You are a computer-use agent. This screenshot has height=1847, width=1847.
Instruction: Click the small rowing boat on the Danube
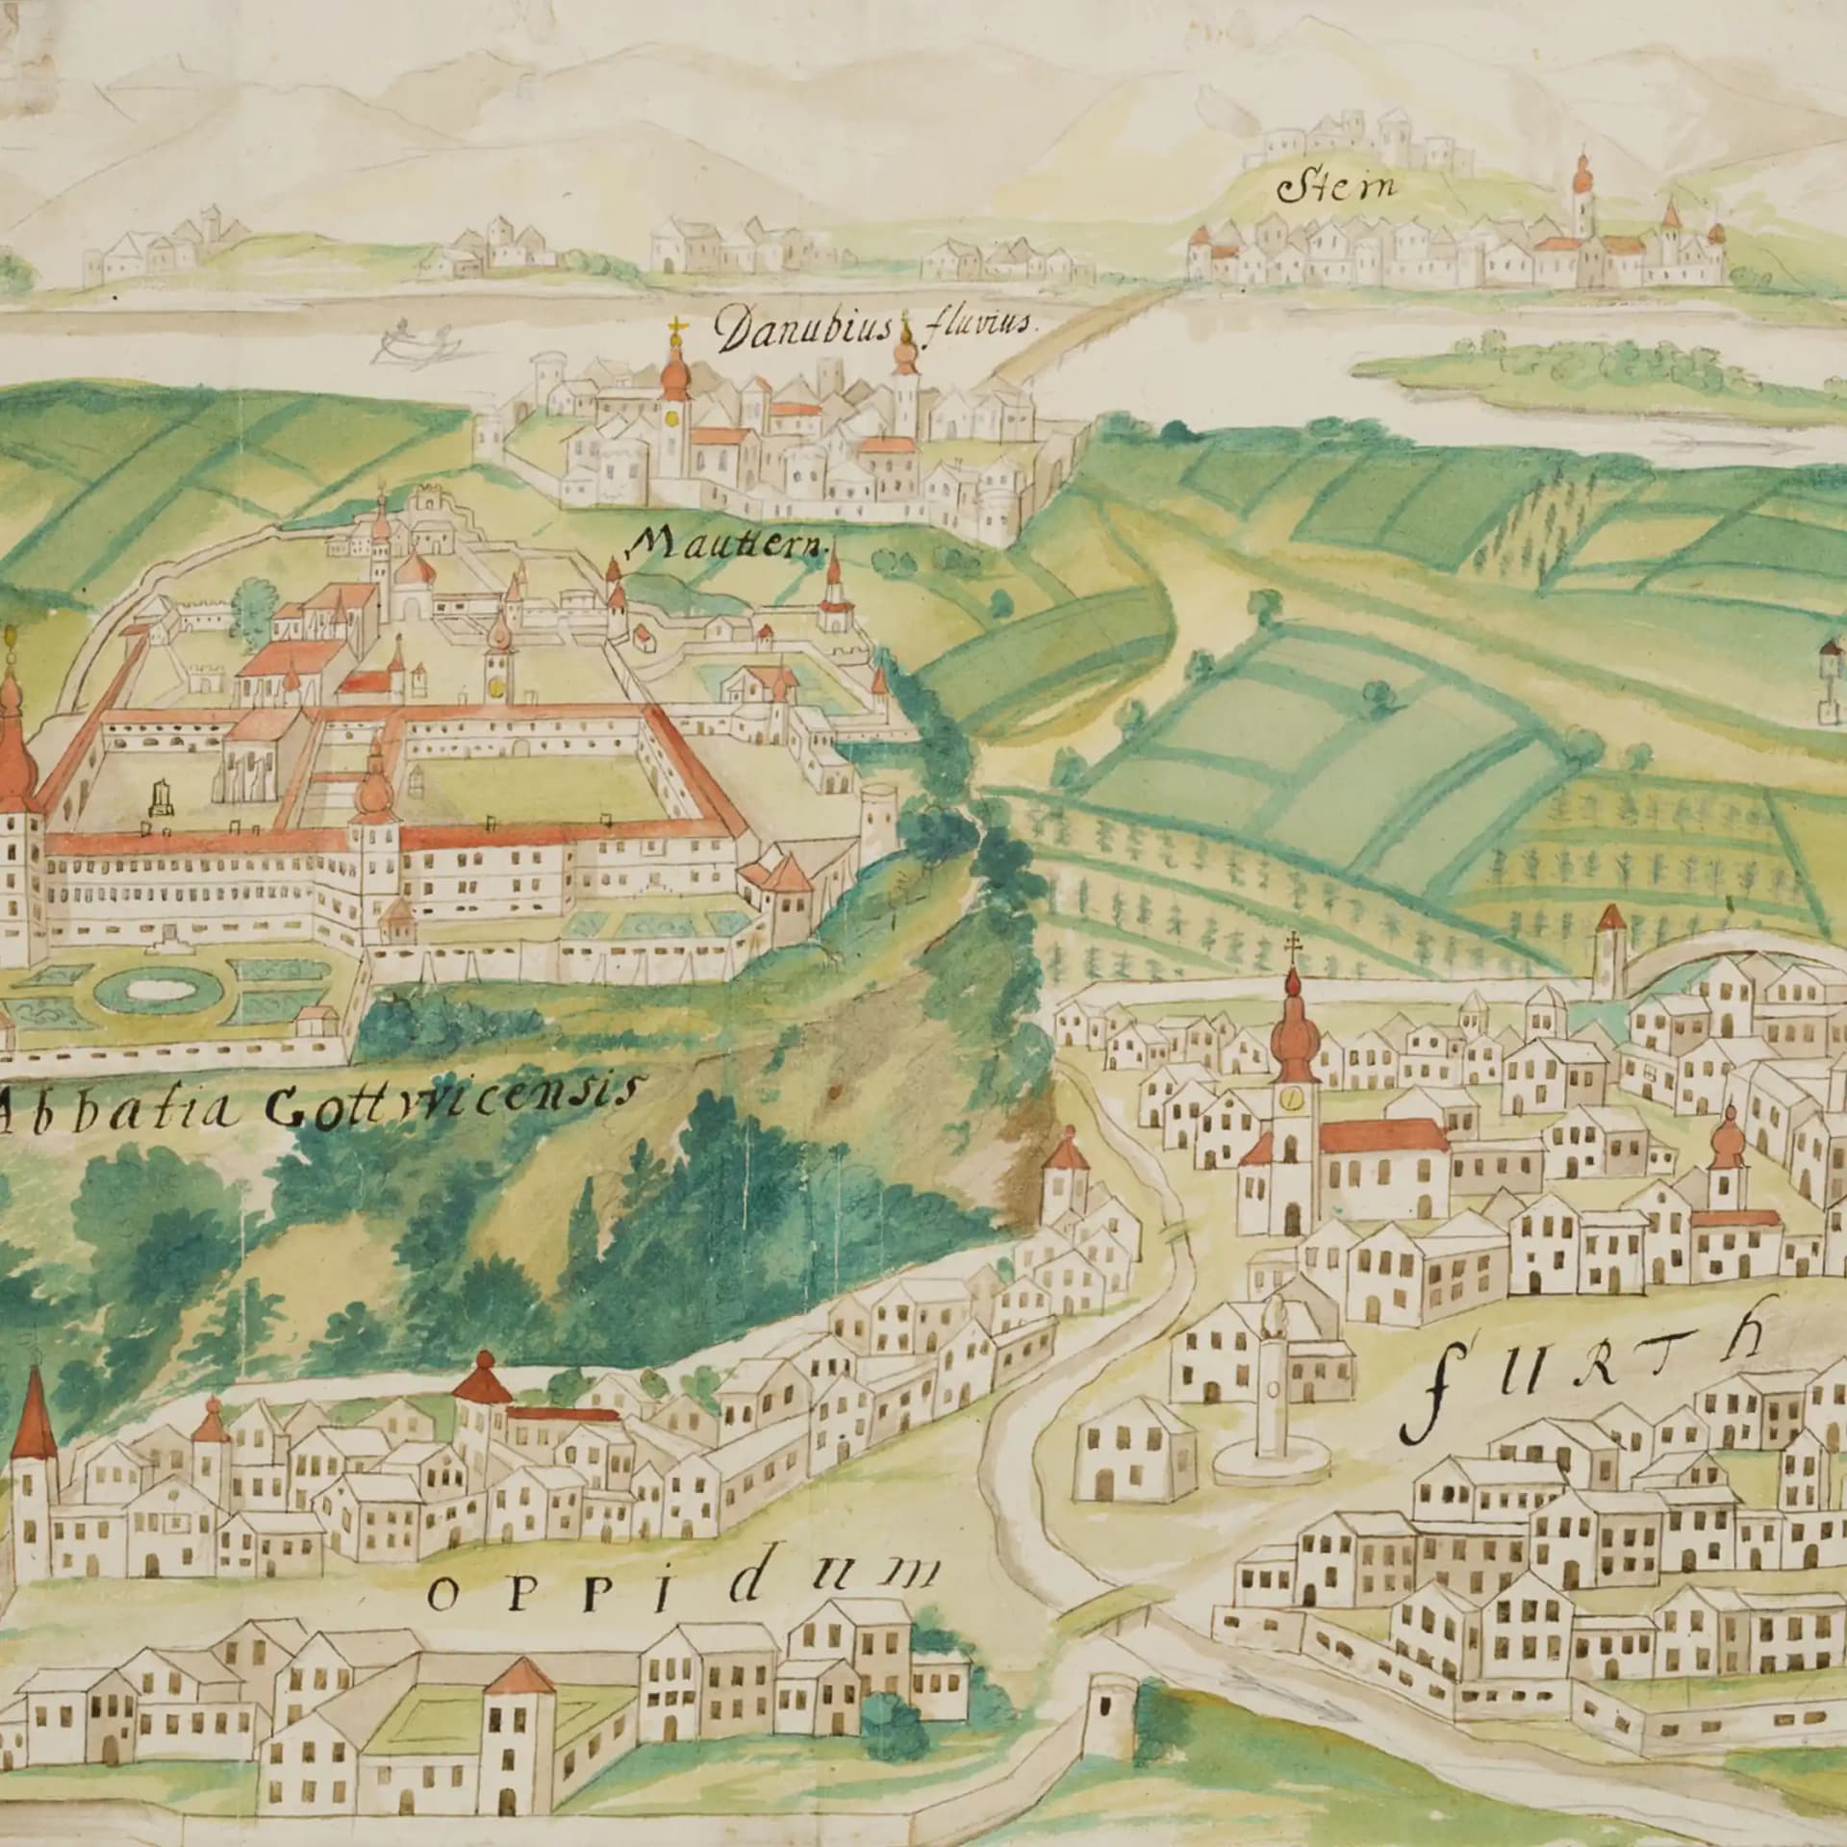click(x=415, y=341)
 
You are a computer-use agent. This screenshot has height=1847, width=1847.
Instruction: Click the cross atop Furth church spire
click(x=1293, y=944)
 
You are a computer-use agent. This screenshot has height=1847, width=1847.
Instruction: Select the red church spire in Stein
click(x=1580, y=183)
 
